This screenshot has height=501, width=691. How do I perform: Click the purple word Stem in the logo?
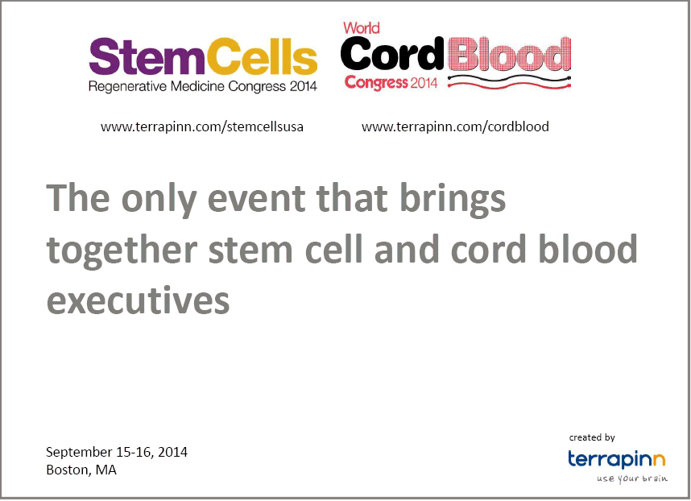coord(147,56)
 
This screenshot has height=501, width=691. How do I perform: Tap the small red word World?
coord(362,28)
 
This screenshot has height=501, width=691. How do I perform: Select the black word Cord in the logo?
coord(391,54)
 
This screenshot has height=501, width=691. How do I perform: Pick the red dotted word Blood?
coord(510,54)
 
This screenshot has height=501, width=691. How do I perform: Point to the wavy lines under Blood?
coord(510,82)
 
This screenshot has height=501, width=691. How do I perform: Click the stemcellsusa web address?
coord(202,127)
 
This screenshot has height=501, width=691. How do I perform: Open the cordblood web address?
coord(455,127)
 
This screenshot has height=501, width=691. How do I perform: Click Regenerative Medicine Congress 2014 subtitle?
coord(203,86)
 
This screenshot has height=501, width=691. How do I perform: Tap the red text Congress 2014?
coord(391,83)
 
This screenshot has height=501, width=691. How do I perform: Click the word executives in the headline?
coord(138,301)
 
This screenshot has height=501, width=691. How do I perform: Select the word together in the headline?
coord(122,250)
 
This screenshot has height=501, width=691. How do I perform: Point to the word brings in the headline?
coord(453,199)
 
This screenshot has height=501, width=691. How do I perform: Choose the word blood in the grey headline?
coord(588,249)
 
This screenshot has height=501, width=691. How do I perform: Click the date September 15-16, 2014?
coord(117,452)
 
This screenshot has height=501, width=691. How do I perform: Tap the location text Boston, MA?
coord(81,470)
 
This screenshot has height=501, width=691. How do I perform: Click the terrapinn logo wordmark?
coord(616,459)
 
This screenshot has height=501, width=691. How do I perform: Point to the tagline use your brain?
coord(632,478)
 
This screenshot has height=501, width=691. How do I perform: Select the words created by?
coord(592,437)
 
